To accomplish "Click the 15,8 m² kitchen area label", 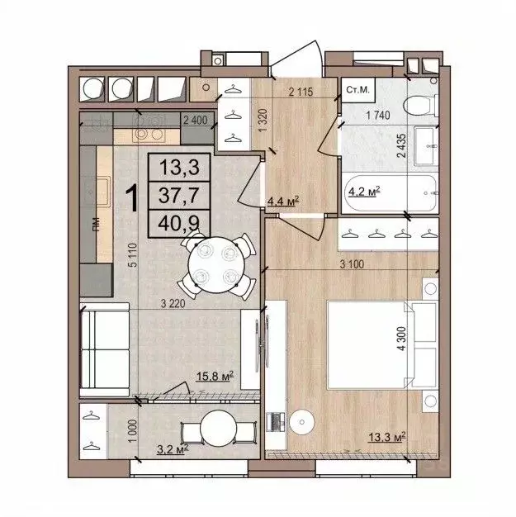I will pyautogui.click(x=215, y=378).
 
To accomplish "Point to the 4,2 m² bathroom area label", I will pyautogui.click(x=363, y=193).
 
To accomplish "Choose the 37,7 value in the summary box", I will pyautogui.click(x=178, y=195).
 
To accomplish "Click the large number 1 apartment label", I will pyautogui.click(x=130, y=197).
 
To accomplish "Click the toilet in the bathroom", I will pyautogui.click(x=420, y=104).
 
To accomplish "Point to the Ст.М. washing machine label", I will pyautogui.click(x=357, y=89).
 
